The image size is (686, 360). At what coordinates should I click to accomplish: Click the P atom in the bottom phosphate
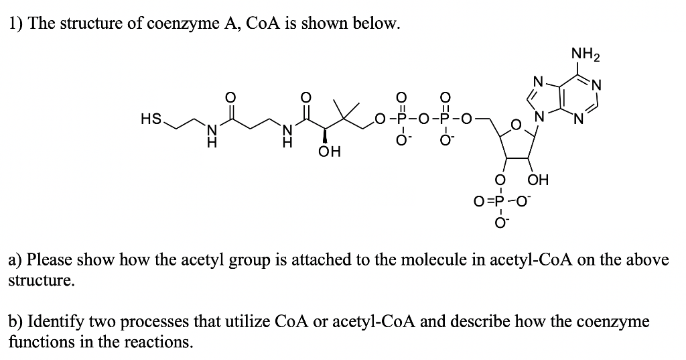[498, 200]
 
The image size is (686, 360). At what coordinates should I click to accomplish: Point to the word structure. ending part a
[41, 280]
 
